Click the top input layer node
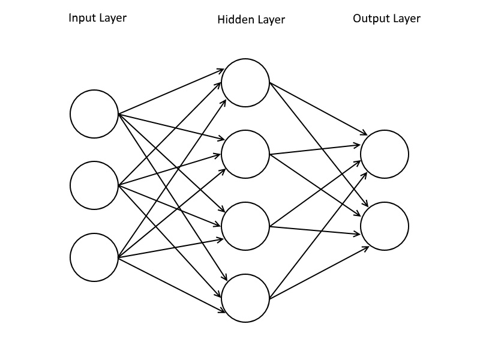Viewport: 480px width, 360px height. (x=94, y=114)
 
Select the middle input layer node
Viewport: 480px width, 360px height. (x=94, y=185)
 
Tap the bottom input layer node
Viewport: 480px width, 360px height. (x=94, y=257)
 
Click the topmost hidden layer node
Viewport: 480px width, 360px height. (x=245, y=83)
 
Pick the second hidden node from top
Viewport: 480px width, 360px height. (x=245, y=154)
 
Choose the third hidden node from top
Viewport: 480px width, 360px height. (x=245, y=226)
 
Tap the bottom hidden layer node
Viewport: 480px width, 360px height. (x=245, y=298)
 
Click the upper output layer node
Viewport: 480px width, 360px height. (x=385, y=154)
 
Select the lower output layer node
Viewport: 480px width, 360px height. (x=385, y=226)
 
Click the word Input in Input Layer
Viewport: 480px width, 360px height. (x=82, y=18)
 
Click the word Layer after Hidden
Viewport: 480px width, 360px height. (x=271, y=20)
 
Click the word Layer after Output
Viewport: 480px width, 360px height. (x=406, y=19)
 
